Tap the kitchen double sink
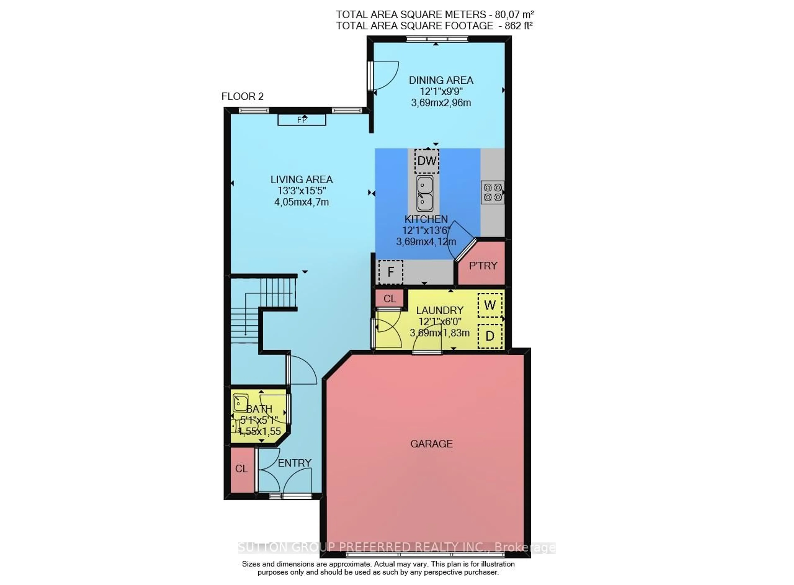[x=425, y=193]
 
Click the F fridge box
[x=390, y=272]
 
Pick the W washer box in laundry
[x=490, y=305]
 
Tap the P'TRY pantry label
[x=483, y=266]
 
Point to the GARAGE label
[x=431, y=444]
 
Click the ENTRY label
[x=294, y=463]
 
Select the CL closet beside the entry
[x=242, y=469]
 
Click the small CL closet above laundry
[x=389, y=299]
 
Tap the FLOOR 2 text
[x=243, y=96]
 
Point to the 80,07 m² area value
[x=514, y=14]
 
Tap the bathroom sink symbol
[x=240, y=403]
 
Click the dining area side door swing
[x=385, y=75]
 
